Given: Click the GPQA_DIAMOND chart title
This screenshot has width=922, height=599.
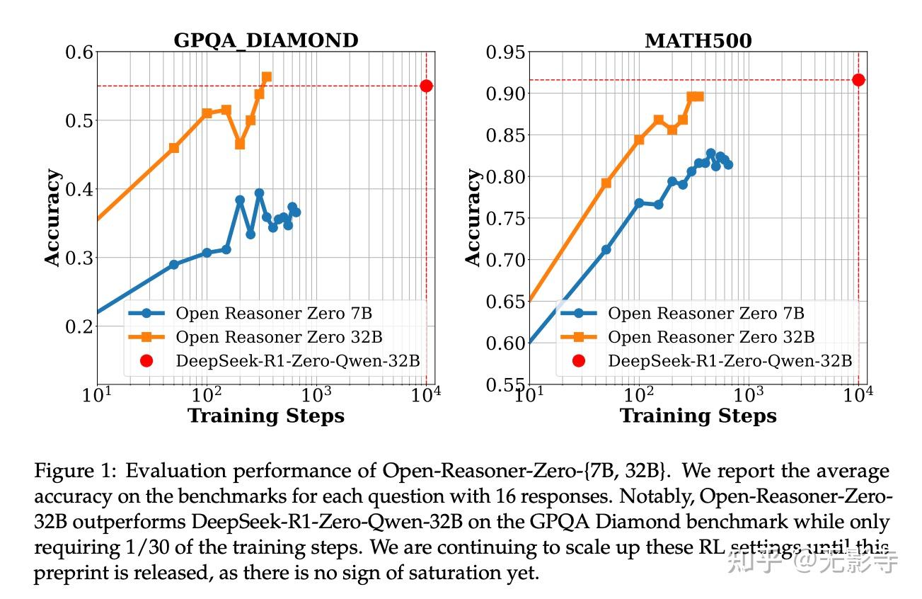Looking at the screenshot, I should tap(266, 40).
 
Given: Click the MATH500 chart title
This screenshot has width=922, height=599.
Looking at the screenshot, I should tap(698, 40).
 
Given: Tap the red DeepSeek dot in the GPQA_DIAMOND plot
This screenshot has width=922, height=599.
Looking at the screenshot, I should tap(426, 86).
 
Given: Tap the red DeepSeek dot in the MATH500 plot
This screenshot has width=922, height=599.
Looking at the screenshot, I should tap(858, 80).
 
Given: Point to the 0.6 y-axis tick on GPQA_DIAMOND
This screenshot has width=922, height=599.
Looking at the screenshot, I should tap(79, 52).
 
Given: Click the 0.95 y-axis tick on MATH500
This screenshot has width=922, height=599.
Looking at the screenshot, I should tap(505, 52).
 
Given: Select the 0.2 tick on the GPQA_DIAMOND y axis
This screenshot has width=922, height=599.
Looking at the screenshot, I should tap(79, 326).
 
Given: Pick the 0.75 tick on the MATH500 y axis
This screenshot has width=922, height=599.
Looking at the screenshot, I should tap(505, 218).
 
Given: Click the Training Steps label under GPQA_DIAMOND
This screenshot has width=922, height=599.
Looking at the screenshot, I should tap(266, 416).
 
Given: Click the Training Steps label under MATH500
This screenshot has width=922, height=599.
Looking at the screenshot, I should tap(698, 416).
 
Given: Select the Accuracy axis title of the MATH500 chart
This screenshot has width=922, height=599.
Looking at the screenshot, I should tap(473, 217).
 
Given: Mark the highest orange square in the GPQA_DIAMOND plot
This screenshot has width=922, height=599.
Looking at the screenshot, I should tap(266, 76).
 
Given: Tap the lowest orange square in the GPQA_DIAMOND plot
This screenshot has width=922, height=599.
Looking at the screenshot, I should tap(174, 148).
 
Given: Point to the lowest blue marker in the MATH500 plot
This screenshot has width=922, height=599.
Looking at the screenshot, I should tap(606, 250).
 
